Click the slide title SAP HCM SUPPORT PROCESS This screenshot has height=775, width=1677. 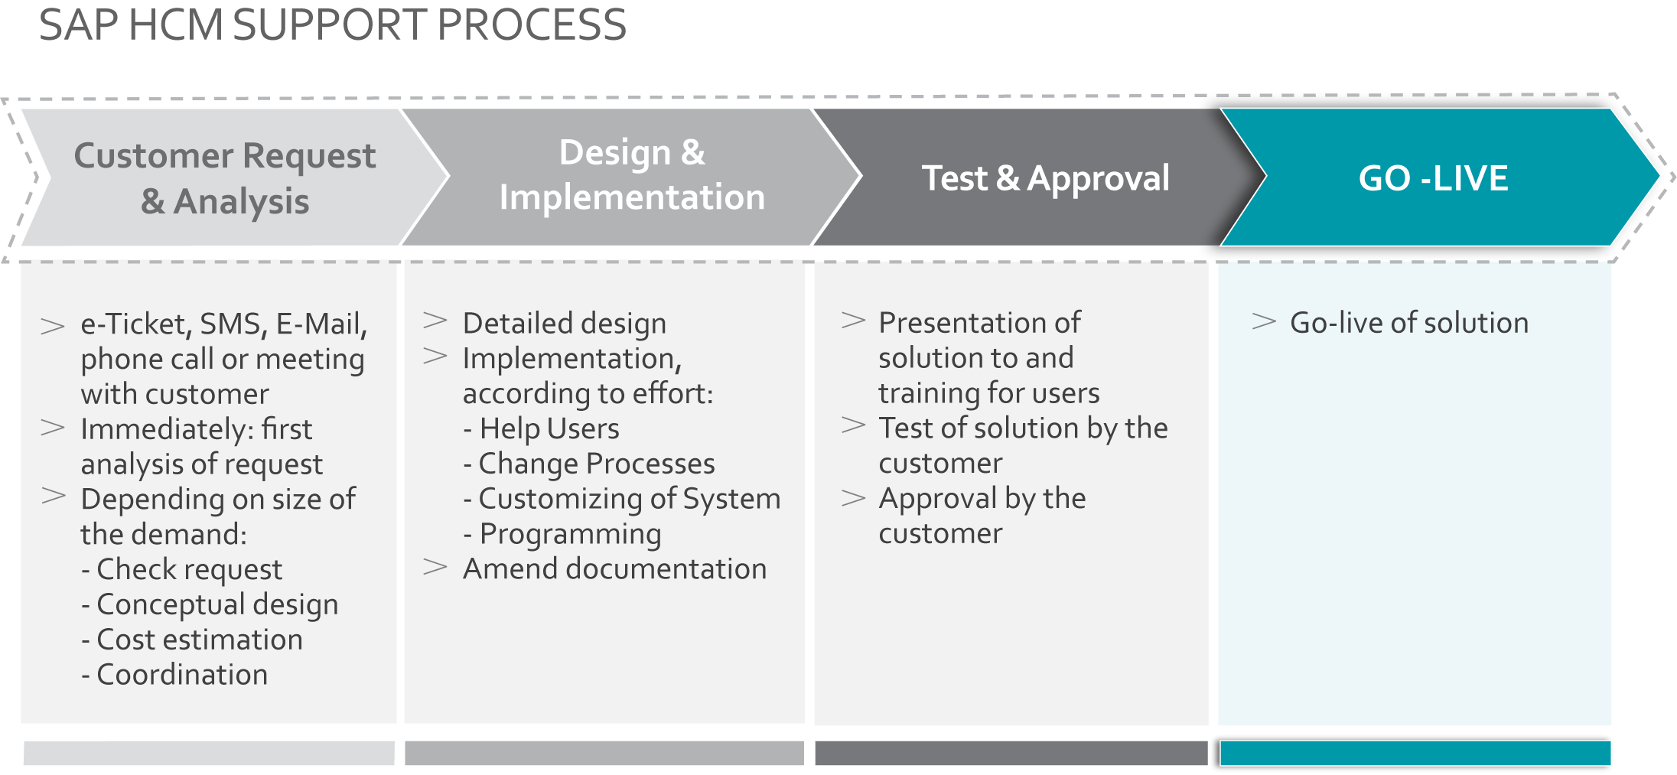point(333,24)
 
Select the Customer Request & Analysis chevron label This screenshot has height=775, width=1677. point(225,178)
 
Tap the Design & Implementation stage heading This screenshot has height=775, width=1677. point(632,174)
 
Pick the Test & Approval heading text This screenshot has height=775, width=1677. point(1046,179)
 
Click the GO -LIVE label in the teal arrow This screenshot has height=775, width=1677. point(1433,178)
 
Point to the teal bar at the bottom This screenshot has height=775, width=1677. point(1415,753)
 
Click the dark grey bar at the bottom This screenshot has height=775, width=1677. point(1011,753)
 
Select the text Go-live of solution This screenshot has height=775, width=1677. point(1409,323)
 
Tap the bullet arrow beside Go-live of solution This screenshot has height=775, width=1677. point(1264,321)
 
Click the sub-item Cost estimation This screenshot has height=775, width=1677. point(192,640)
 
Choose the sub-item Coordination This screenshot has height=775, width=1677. point(174,675)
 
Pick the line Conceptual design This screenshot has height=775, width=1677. point(210,605)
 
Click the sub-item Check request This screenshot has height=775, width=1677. point(181,570)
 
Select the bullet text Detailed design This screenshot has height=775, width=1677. point(565,324)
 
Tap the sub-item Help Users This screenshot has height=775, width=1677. point(542,429)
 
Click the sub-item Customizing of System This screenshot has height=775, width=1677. point(622,499)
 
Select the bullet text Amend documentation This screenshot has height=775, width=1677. point(614,569)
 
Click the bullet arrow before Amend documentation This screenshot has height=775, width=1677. point(435,567)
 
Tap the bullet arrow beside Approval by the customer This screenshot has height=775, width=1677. point(853,498)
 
